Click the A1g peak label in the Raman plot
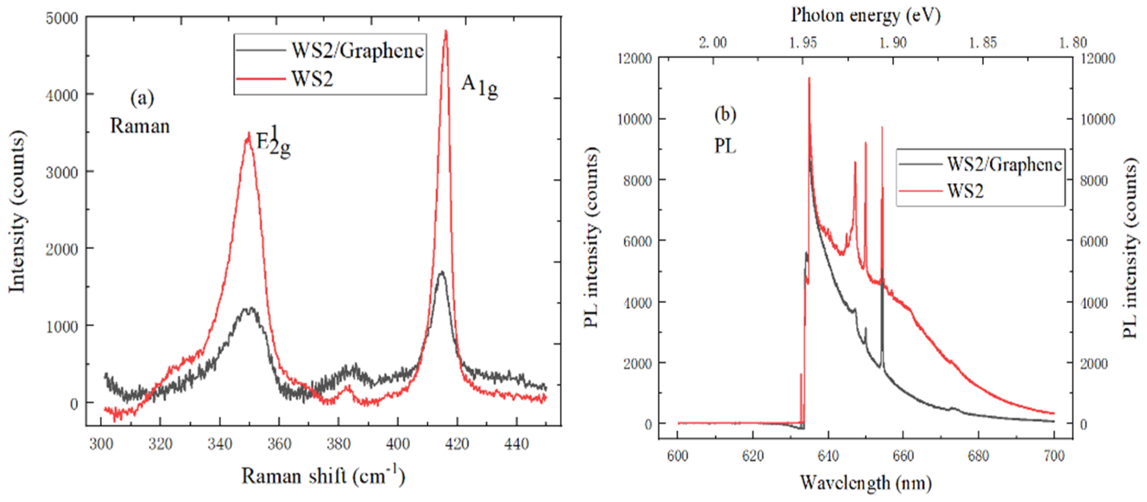[479, 85]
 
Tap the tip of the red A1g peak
[446, 31]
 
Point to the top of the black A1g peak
[441, 272]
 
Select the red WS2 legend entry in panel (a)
[312, 79]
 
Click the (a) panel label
[142, 98]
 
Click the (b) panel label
[725, 115]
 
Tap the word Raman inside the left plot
[140, 126]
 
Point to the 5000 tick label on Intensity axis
[62, 18]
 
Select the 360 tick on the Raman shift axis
[279, 444]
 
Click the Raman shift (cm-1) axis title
[323, 476]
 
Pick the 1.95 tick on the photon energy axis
[803, 43]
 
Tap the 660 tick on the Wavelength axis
[903, 456]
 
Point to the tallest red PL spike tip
[809, 78]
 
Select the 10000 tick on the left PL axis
[635, 119]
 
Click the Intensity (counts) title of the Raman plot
[17, 211]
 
